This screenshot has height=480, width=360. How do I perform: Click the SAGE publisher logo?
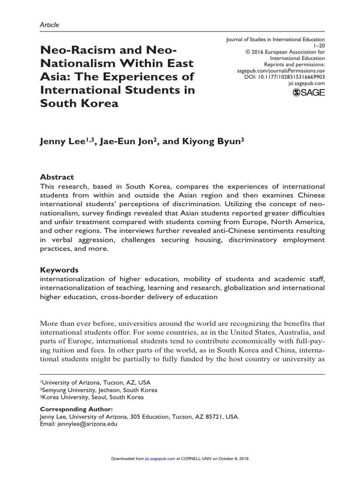[x=308, y=93]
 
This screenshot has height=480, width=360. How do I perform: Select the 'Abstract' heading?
[x=57, y=177]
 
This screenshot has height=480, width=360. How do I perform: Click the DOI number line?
[x=285, y=76]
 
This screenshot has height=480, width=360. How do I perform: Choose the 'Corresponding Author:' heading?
[x=76, y=409]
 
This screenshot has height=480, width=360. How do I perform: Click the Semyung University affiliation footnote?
[x=98, y=390]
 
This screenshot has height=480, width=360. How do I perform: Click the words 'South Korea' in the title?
[x=79, y=104]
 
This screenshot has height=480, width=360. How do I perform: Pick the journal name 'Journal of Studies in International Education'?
[x=275, y=40]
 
